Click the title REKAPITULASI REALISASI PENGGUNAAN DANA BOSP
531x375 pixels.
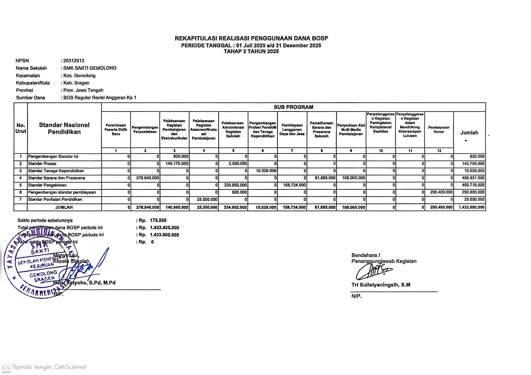(251, 38)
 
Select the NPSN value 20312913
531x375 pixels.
(74, 61)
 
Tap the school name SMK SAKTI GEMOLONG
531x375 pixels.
(90, 68)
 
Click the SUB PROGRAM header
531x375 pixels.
(293, 107)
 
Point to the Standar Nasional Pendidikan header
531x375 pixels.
(64, 128)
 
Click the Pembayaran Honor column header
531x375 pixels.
(439, 129)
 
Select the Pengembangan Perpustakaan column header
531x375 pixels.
(145, 129)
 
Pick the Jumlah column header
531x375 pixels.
(469, 133)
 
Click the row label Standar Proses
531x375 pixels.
(42, 164)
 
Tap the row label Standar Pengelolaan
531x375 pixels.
(47, 185)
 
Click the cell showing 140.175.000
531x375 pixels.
(177, 164)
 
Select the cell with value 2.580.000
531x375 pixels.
(238, 164)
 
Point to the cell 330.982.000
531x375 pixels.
(235, 185)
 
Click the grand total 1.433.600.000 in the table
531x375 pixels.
(472, 207)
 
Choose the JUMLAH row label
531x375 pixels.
(64, 207)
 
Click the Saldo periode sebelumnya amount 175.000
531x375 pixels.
(158, 220)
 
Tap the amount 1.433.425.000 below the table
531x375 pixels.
(164, 228)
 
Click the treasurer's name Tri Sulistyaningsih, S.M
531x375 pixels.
(381, 285)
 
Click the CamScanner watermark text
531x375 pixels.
(49, 367)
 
